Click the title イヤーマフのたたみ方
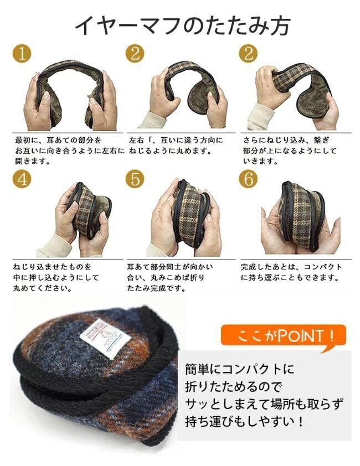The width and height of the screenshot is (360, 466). pyautogui.click(x=182, y=26)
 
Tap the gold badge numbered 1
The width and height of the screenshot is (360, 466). pyautogui.click(x=22, y=54)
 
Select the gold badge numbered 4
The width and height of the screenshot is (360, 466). pyautogui.click(x=22, y=179)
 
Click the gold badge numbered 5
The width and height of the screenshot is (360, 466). pyautogui.click(x=135, y=179)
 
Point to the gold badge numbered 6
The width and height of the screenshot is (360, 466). pyautogui.click(x=249, y=179)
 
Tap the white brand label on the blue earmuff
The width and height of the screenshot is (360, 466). pyautogui.click(x=105, y=339)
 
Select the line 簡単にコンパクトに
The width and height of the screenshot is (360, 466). pyautogui.click(x=239, y=369)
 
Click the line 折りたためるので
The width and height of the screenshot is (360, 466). pyautogui.click(x=233, y=387)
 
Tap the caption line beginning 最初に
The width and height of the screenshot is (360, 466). pyautogui.click(x=58, y=140)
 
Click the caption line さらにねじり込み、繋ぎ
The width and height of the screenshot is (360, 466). pyautogui.click(x=286, y=140)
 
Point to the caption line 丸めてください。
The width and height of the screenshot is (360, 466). pyautogui.click(x=43, y=288)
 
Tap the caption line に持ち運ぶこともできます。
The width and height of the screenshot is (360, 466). pyautogui.click(x=290, y=278)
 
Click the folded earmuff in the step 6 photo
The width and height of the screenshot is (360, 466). pyautogui.click(x=301, y=215)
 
